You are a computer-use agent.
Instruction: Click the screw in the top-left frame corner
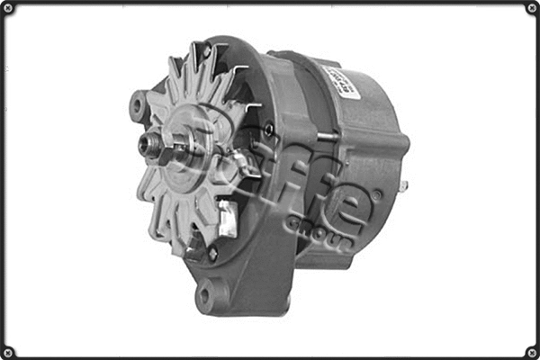click(8, 8)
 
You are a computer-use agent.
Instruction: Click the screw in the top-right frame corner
click(531, 8)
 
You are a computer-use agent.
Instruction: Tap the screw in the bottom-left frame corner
click(8, 351)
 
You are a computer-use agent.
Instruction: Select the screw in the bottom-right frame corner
click(531, 351)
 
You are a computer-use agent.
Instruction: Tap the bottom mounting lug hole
click(206, 294)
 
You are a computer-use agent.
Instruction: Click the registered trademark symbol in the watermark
click(377, 193)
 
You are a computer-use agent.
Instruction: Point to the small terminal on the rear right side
click(404, 186)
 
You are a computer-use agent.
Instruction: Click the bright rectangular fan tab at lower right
click(228, 219)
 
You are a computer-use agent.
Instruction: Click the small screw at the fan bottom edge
click(212, 255)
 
